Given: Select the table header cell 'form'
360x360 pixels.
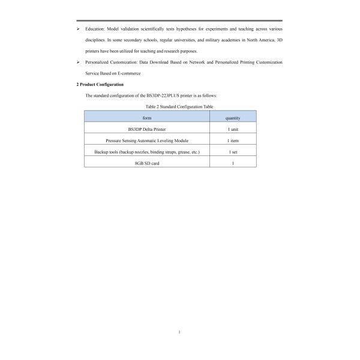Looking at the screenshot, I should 147,118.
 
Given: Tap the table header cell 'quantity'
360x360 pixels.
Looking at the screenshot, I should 232,118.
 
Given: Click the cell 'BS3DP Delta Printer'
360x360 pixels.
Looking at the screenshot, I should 147,129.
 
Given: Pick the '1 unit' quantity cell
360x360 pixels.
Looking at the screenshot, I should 232,129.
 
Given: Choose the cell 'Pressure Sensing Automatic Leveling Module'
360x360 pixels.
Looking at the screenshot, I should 147,140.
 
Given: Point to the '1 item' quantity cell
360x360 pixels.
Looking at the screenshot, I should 232,140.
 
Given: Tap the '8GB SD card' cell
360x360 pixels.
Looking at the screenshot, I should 147,163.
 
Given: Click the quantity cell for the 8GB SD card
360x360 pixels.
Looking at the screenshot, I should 232,163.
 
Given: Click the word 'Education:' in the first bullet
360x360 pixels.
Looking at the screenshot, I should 95,29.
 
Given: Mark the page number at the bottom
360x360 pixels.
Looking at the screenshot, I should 179,331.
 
